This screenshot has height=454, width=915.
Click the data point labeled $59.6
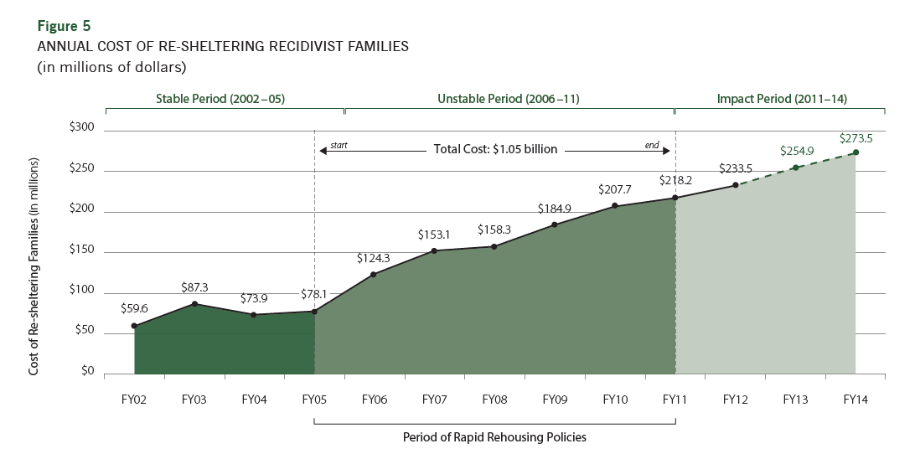coord(134,326)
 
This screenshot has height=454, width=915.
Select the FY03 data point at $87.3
coord(194,303)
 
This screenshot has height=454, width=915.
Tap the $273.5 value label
coord(856,138)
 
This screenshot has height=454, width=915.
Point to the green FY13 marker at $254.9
coord(795,168)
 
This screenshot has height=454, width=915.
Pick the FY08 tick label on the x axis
coord(494,400)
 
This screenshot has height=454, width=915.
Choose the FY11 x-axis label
coord(675,400)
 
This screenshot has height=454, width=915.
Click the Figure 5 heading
coord(64,26)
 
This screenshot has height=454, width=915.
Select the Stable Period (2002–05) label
coord(221,99)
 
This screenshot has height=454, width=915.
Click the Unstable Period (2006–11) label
coord(509,99)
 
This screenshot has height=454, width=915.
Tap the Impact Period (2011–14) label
coord(782,99)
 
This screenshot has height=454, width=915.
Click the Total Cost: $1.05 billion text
coord(495,150)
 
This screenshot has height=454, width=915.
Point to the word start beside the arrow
coord(339,145)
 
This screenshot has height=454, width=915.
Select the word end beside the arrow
coord(652,145)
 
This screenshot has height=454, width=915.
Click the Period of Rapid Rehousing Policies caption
coord(494,436)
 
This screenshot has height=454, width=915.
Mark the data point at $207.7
coord(614,206)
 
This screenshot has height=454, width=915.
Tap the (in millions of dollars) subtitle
coord(111,66)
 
